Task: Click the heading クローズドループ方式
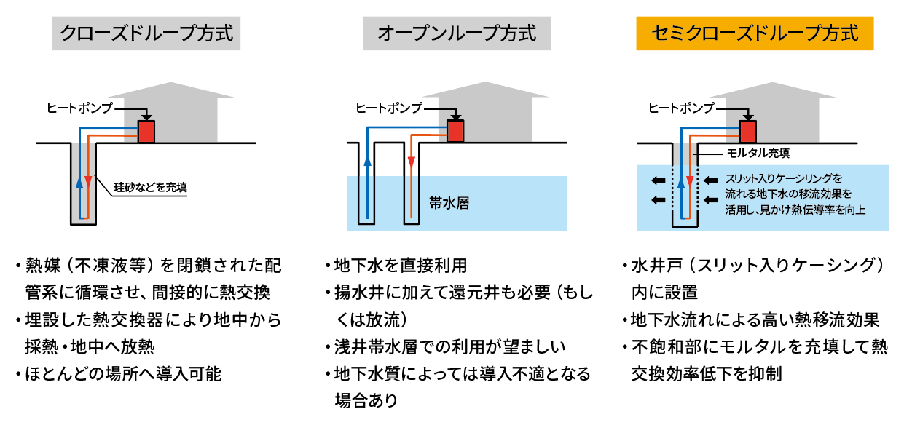point(146,33)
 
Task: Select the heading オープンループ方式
point(457,33)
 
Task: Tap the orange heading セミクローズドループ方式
point(755,33)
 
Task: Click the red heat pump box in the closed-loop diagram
point(146,131)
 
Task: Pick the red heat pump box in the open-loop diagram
point(455,131)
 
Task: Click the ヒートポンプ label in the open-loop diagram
point(388,108)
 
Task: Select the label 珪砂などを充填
point(151,187)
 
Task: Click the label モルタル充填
point(758,154)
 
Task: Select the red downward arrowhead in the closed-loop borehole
point(88,180)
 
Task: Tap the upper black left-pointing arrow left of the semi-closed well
point(657,180)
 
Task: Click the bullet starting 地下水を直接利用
point(400,265)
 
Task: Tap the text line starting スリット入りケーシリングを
point(784,178)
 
